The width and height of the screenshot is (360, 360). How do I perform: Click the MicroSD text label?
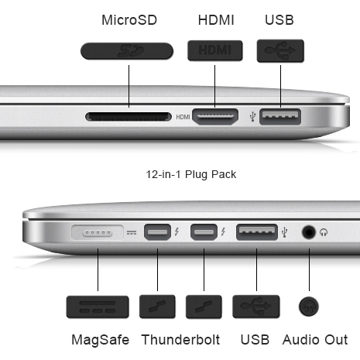(129, 20)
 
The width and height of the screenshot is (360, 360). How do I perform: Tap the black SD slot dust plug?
(127, 51)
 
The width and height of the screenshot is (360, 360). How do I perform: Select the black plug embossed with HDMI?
(215, 50)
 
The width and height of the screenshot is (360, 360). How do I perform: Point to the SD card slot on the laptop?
(129, 117)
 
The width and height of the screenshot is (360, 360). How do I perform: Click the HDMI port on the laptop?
(215, 117)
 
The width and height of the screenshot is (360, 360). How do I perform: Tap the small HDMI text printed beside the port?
(183, 117)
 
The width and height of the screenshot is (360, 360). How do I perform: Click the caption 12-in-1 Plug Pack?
(191, 174)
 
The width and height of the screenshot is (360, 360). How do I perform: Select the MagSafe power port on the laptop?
(98, 232)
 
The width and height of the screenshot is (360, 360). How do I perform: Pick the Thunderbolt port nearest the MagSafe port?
(157, 232)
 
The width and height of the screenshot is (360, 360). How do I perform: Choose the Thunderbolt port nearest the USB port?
(204, 232)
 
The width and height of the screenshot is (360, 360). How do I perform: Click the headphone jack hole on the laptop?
(309, 232)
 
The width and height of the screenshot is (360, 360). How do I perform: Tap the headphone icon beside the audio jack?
(324, 232)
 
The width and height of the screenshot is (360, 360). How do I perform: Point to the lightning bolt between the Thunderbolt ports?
(177, 231)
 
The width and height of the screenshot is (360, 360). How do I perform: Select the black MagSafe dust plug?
(98, 307)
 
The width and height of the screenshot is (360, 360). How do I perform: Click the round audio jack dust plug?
(309, 307)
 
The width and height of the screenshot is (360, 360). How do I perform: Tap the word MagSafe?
(101, 340)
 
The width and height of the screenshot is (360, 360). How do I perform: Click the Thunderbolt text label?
(180, 339)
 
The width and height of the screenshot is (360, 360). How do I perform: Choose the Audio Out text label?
(315, 340)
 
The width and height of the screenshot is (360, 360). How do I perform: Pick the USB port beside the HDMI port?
(280, 117)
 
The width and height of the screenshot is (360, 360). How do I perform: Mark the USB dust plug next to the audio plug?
(256, 307)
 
